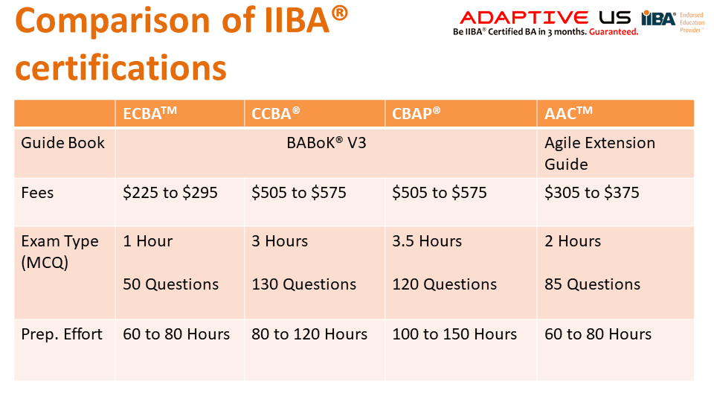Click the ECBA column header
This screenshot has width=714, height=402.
(x=149, y=112)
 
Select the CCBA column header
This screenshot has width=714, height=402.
(x=275, y=112)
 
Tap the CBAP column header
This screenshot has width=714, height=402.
(x=416, y=112)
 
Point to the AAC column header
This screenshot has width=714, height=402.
(x=568, y=112)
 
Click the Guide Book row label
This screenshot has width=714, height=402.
(x=62, y=143)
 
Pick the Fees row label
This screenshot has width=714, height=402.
(x=37, y=192)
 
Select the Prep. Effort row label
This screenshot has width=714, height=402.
(x=62, y=334)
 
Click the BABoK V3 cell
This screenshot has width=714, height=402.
(x=327, y=143)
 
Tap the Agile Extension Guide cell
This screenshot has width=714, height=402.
(x=599, y=153)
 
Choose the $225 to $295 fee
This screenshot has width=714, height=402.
(x=170, y=192)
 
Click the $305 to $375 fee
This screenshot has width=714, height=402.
(x=592, y=192)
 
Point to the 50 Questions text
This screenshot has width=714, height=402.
(x=171, y=284)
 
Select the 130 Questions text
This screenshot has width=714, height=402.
(x=303, y=284)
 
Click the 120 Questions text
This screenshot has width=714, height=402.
(x=445, y=284)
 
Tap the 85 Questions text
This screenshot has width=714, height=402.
(x=593, y=284)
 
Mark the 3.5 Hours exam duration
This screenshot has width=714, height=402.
(x=427, y=241)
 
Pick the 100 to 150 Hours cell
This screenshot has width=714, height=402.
(x=454, y=334)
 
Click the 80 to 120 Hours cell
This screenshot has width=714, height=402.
(x=309, y=334)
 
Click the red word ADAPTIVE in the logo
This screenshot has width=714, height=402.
(x=524, y=18)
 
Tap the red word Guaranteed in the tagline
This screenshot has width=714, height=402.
(x=614, y=32)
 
